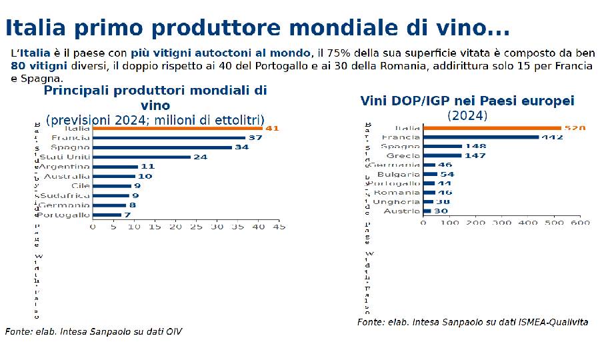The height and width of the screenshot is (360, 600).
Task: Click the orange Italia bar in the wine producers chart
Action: (177, 128)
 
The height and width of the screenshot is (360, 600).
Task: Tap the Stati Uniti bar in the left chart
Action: (141, 157)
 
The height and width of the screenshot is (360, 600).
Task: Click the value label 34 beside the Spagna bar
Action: (243, 147)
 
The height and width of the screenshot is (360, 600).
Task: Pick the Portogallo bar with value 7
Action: (107, 215)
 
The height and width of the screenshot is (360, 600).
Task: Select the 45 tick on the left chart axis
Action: (279, 227)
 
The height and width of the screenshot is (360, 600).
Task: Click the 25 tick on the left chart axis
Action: (195, 227)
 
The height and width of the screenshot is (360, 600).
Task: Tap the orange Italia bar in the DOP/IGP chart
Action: (493, 127)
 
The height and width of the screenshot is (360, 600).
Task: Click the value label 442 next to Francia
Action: (553, 137)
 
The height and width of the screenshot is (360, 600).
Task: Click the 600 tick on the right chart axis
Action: (581, 223)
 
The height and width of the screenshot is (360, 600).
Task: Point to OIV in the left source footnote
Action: (173, 331)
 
